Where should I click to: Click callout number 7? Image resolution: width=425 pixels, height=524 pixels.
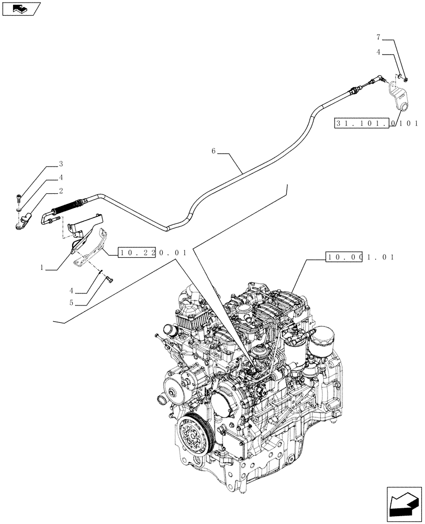[378, 38]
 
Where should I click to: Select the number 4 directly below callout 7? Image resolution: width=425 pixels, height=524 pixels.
[378, 53]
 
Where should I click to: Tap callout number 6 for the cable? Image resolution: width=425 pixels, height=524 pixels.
[214, 151]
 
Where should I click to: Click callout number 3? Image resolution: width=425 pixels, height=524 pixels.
[61, 164]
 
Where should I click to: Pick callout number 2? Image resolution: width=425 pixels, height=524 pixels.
[61, 191]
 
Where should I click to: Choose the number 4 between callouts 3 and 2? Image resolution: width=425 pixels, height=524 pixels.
[61, 178]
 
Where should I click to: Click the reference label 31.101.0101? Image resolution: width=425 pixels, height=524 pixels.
[376, 124]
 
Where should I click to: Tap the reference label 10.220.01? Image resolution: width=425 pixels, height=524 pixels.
[153, 253]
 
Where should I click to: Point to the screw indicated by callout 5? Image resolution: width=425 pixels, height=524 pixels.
[108, 279]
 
